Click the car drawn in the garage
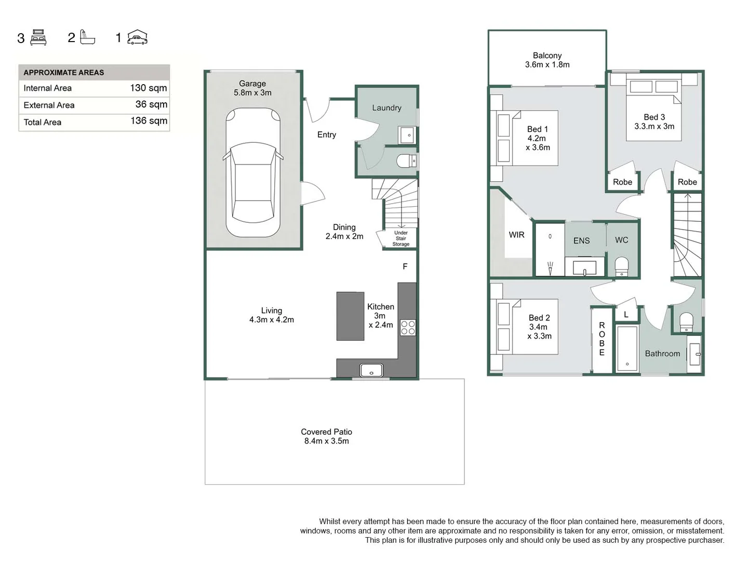[x=253, y=172]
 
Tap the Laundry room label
[x=386, y=108]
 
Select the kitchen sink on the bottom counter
[x=371, y=370]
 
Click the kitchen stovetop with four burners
[x=408, y=328]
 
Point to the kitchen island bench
[x=350, y=316]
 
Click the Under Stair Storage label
[x=400, y=238]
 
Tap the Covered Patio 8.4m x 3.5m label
[x=326, y=436]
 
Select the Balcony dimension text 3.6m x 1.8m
[x=547, y=65]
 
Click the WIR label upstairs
[x=516, y=235]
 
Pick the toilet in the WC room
[x=622, y=266]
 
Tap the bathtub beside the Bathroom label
[x=627, y=348]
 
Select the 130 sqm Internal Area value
[x=148, y=88]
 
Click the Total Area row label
[x=43, y=122]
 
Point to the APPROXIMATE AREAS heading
[x=64, y=73]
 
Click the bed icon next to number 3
[x=38, y=37]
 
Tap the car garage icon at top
[x=137, y=37]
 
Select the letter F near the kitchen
[x=405, y=266]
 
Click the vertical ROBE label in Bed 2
[x=602, y=339]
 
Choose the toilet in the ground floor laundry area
[x=406, y=162]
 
